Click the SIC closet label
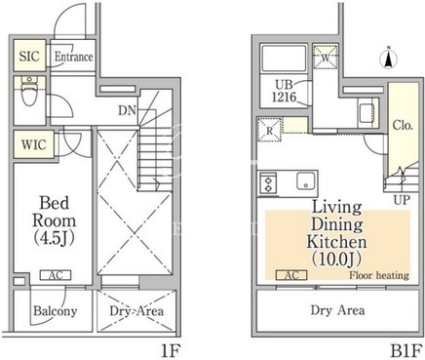29,57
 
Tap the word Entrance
74,57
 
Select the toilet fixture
29,91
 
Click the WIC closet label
34,144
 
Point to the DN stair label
127,111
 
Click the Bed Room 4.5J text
55,220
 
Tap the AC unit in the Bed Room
56,275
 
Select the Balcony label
56,311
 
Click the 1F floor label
171,351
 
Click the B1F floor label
406,351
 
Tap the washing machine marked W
326,58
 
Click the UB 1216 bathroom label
284,91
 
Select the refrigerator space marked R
270,130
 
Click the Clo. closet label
403,125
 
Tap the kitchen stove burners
268,183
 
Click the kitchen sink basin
306,180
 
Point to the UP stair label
402,200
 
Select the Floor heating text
379,275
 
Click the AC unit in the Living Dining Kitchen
291,275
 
